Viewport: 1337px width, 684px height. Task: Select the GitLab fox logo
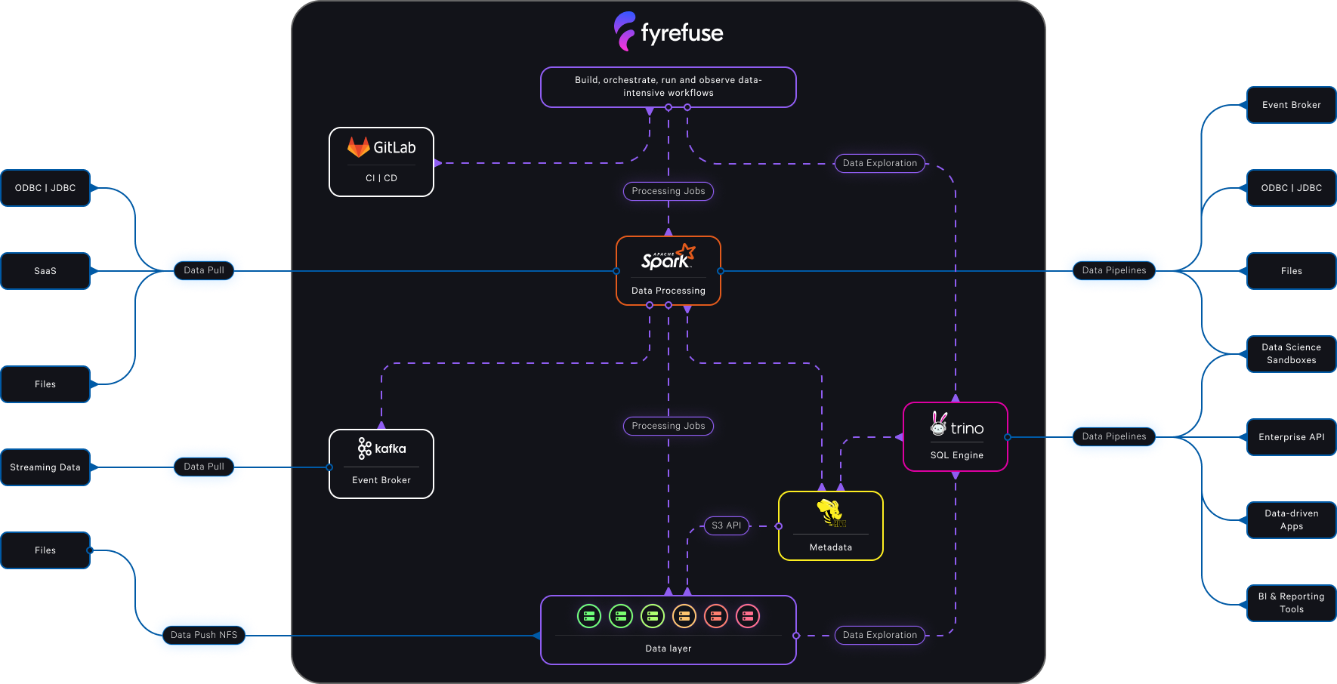pos(358,147)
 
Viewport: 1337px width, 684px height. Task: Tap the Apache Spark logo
pos(668,257)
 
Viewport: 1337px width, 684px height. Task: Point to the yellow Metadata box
pos(830,526)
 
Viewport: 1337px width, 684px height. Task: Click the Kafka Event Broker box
pos(381,464)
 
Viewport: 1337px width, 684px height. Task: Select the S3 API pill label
pos(727,525)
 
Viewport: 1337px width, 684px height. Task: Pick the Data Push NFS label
pos(204,635)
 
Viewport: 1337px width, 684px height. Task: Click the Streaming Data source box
pos(45,467)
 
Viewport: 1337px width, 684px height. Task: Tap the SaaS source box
pos(45,271)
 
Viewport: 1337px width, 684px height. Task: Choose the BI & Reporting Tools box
pos(1291,602)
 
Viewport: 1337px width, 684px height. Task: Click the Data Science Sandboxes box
pos(1291,353)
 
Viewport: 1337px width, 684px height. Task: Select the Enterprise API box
pos(1291,437)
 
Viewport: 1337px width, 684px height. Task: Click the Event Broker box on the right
pos(1291,105)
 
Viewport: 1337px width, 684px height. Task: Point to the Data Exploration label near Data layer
pos(879,635)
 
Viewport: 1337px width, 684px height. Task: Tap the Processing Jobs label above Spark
pos(668,191)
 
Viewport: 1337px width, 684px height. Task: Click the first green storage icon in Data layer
pos(589,616)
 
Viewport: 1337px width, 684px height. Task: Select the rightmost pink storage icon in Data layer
pos(748,616)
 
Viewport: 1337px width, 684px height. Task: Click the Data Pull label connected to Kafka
pos(204,467)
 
